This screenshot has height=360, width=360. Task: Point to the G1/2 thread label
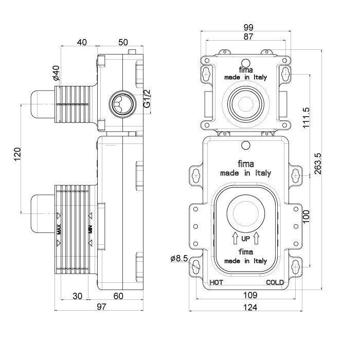pos(147,98)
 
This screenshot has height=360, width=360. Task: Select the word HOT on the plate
pos(216,283)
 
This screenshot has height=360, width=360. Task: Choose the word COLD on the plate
pos(275,283)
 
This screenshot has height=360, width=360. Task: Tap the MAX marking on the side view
pos(59,228)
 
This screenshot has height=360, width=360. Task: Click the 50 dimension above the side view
pos(122,43)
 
